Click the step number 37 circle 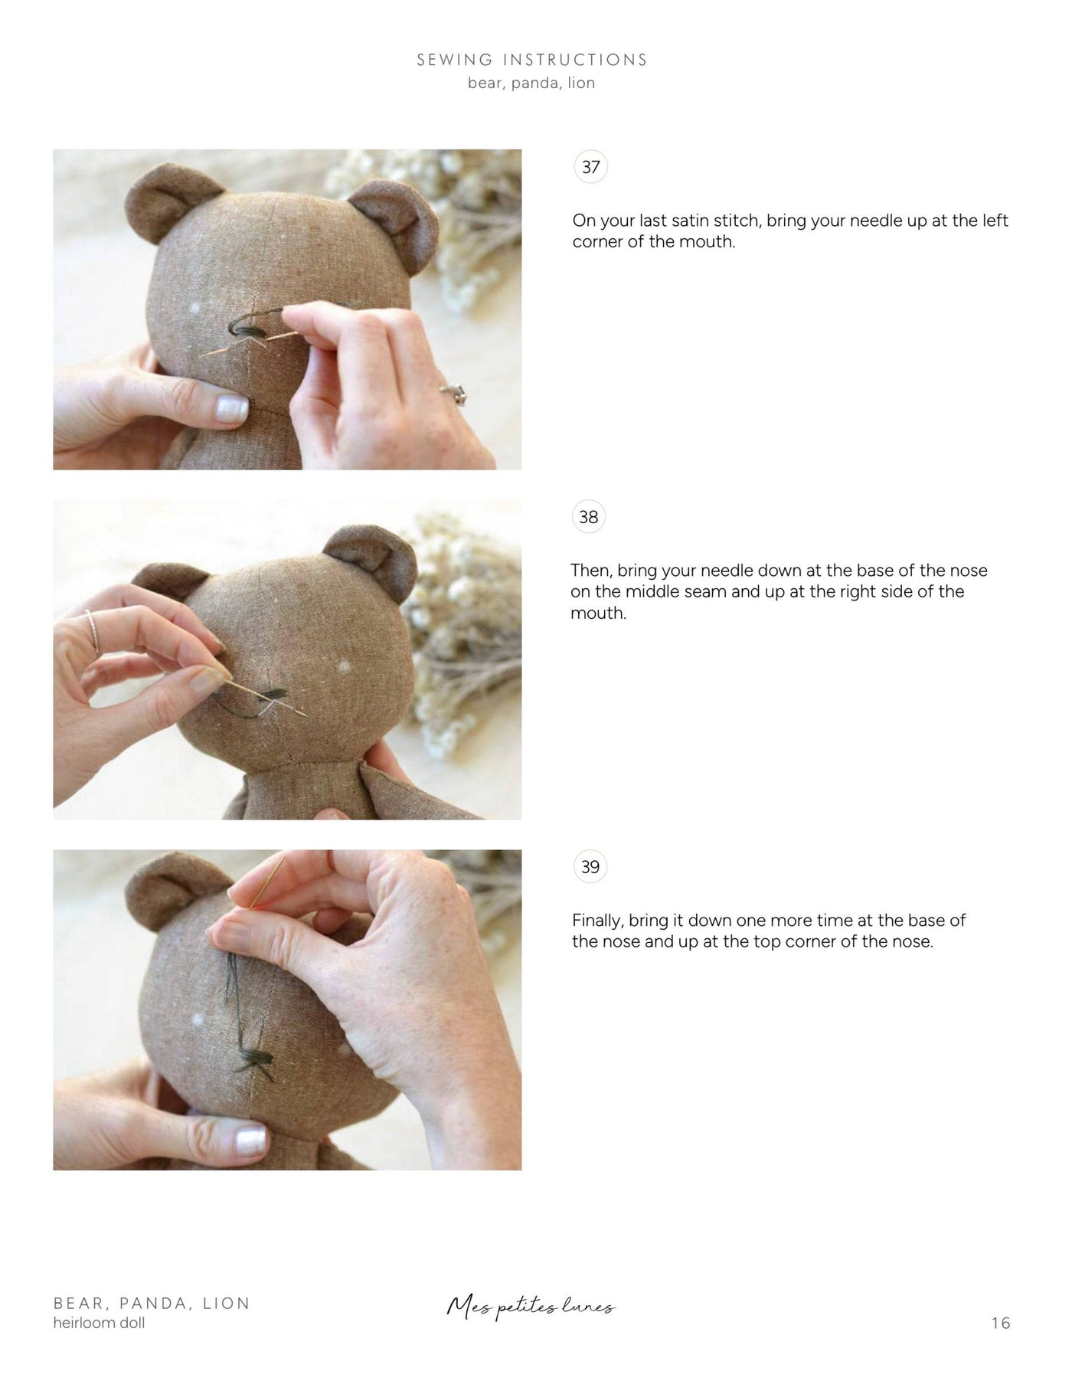(590, 167)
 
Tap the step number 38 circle (588, 517)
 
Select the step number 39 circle (590, 867)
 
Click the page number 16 (1000, 1323)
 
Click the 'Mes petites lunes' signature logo (531, 1307)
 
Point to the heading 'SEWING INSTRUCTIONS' (532, 60)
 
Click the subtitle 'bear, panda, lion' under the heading (531, 83)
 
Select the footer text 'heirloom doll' (99, 1323)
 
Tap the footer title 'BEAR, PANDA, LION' (152, 1303)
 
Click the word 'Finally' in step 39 (597, 920)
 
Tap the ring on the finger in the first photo (454, 394)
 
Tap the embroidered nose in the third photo (250, 1060)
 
